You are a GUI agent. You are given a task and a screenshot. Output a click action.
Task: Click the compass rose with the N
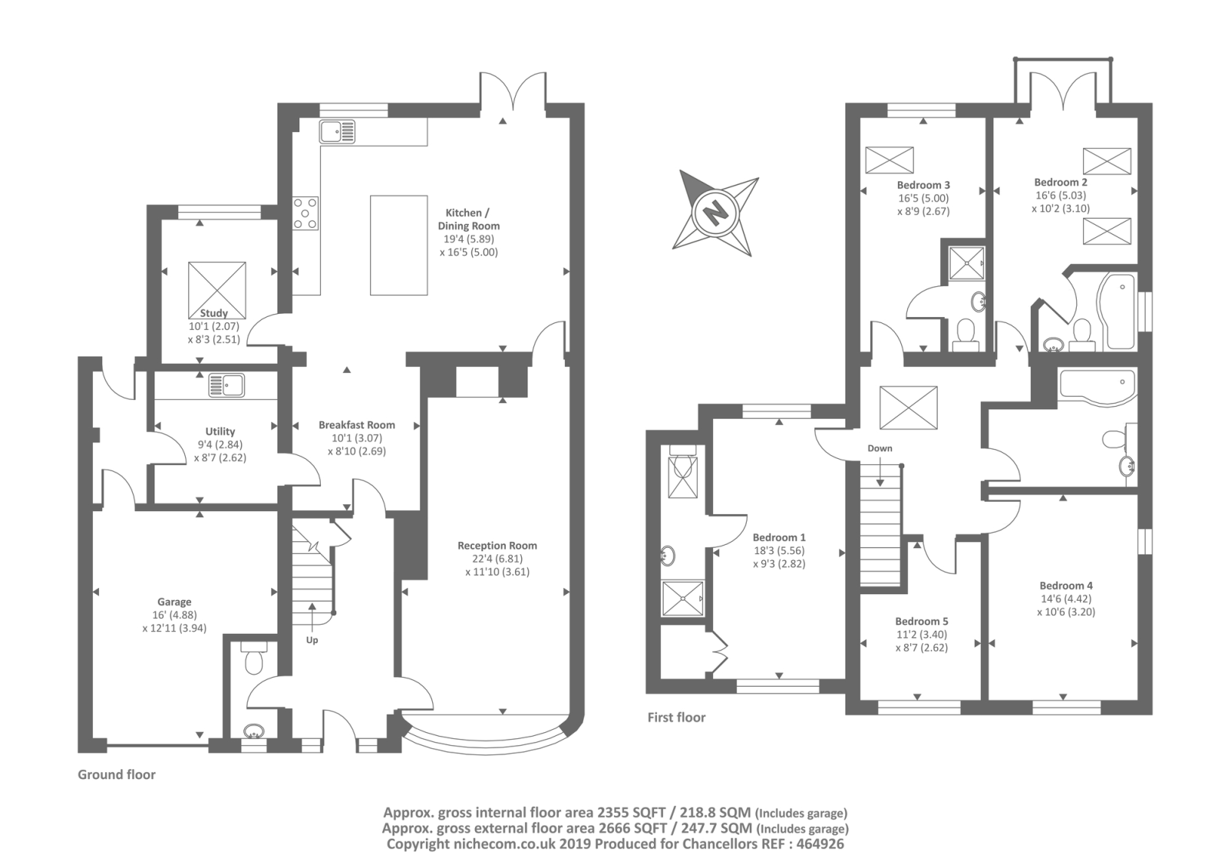[715, 213]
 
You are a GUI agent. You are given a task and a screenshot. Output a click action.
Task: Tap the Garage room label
[174, 602]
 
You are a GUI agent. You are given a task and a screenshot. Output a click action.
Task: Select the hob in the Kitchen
[305, 213]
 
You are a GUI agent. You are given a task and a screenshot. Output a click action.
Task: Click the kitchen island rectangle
[398, 245]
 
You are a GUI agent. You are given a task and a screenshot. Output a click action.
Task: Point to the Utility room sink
[226, 384]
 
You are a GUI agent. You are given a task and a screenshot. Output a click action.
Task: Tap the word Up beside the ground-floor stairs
[312, 639]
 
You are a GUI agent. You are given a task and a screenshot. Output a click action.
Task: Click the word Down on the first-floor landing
[880, 448]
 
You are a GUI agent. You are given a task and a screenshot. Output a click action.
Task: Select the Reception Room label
[497, 546]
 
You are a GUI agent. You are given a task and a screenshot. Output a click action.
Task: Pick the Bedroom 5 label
[921, 621]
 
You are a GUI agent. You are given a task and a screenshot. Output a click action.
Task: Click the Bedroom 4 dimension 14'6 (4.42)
[1065, 599]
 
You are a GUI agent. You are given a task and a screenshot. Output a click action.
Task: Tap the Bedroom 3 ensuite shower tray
[966, 264]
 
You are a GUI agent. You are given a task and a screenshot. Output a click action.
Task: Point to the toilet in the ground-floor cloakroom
[254, 659]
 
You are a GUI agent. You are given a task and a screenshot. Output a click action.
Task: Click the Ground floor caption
[117, 774]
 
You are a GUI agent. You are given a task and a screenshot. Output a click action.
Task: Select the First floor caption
[676, 717]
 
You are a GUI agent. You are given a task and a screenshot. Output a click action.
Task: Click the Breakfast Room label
[356, 424]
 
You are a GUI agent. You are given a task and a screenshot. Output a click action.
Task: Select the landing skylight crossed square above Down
[908, 407]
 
